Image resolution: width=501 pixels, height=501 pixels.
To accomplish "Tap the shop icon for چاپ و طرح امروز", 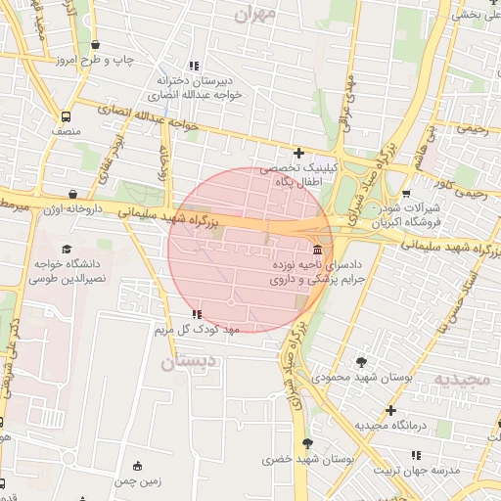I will pyautogui.click(x=95, y=44).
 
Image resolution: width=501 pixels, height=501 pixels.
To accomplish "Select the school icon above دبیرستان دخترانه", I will pyautogui.click(x=193, y=65).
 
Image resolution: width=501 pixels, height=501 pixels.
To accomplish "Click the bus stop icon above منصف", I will pyautogui.click(x=66, y=114).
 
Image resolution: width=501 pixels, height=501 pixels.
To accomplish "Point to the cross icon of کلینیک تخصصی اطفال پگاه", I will pyautogui.click(x=298, y=153).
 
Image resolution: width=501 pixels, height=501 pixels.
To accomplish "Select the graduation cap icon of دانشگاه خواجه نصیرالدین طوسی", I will pyautogui.click(x=66, y=250).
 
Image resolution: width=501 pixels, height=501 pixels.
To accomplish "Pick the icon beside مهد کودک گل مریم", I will pyautogui.click(x=198, y=314).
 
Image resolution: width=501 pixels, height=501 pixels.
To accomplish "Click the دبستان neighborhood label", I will pyautogui.click(x=186, y=363).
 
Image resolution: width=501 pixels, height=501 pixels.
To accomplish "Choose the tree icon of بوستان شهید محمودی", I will pyautogui.click(x=361, y=362).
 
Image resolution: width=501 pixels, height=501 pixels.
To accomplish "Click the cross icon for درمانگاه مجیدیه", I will pyautogui.click(x=390, y=410).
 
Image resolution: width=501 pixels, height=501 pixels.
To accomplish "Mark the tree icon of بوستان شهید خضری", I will pyautogui.click(x=309, y=443).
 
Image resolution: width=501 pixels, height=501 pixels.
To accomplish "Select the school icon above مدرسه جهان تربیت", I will pyautogui.click(x=418, y=454).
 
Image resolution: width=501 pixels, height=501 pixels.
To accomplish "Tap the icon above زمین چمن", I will pyautogui.click(x=136, y=465).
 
